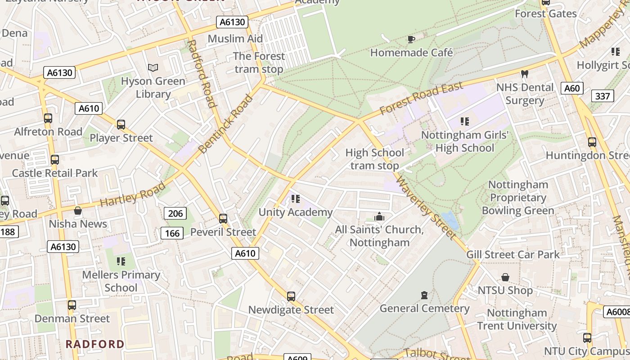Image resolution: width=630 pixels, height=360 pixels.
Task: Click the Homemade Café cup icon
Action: (x=411, y=40)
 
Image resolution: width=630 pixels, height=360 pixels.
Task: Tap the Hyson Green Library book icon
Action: (x=153, y=68)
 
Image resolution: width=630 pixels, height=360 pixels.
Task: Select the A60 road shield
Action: (x=572, y=88)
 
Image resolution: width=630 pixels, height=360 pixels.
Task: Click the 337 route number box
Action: (x=602, y=96)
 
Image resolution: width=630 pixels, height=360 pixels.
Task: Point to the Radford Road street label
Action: (x=202, y=74)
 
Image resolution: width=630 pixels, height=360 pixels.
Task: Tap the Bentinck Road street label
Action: (x=226, y=124)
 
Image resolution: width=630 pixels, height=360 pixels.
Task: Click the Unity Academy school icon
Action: (x=295, y=198)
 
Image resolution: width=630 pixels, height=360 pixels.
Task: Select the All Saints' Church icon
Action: (x=379, y=217)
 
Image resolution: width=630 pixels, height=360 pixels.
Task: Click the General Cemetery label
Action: (x=424, y=308)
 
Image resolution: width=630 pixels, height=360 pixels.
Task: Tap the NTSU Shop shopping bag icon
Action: (x=505, y=277)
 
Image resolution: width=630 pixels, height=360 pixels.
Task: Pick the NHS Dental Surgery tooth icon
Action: (x=524, y=74)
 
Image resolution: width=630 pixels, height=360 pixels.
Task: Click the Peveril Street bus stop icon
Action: (x=223, y=219)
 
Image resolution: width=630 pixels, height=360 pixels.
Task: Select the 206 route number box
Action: (x=175, y=213)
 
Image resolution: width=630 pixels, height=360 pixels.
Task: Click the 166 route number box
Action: (x=172, y=233)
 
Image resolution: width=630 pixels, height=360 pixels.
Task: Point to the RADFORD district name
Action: (x=95, y=344)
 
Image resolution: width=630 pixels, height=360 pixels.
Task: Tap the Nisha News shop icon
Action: (x=78, y=211)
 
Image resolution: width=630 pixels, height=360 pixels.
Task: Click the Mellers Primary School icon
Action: (x=121, y=261)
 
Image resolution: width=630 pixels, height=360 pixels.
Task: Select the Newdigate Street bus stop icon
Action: (x=291, y=297)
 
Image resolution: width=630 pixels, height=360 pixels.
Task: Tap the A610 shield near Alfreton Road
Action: (x=90, y=108)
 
